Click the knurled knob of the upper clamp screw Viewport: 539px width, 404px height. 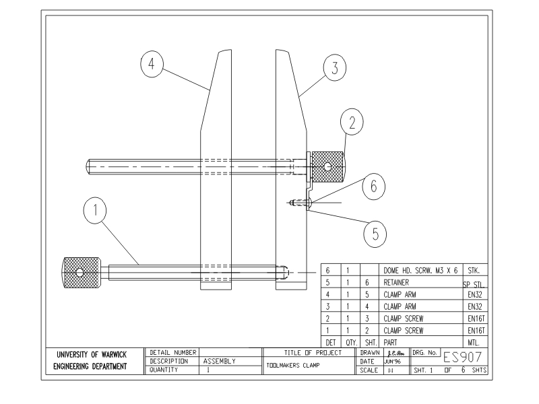coord(327,166)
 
